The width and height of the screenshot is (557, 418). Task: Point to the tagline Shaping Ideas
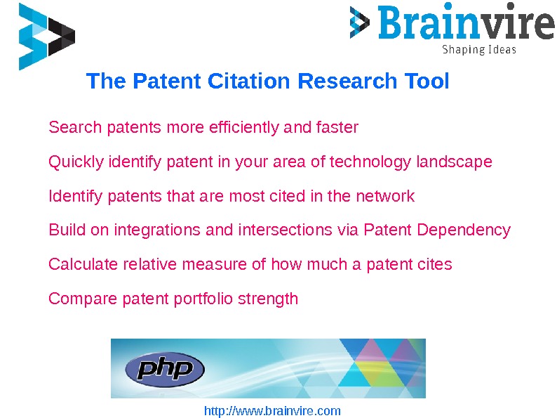[x=478, y=50]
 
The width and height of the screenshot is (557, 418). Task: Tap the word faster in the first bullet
[x=337, y=128]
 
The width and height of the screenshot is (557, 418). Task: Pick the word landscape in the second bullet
[x=454, y=162]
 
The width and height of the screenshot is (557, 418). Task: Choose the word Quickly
[x=75, y=162]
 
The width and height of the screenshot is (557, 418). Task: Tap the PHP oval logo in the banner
[x=164, y=370]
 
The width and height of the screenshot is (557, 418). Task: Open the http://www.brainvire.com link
[x=272, y=411]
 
